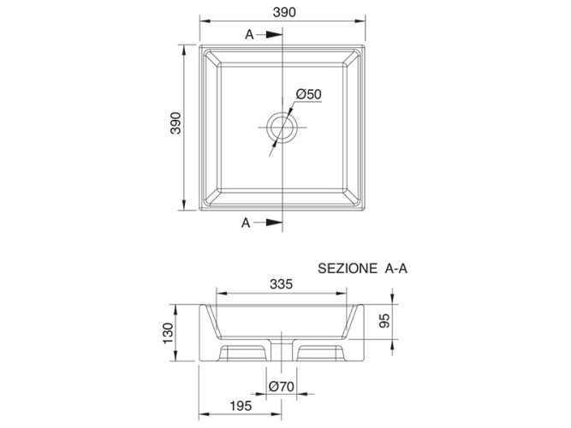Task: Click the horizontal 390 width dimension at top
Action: click(x=284, y=12)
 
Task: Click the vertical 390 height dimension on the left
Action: click(x=175, y=126)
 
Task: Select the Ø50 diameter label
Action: click(x=309, y=93)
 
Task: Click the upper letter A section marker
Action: click(x=248, y=35)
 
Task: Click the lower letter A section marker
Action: click(x=246, y=223)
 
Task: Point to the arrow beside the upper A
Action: click(x=271, y=35)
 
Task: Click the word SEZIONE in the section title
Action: click(x=348, y=268)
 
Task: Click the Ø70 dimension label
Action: click(x=282, y=387)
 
